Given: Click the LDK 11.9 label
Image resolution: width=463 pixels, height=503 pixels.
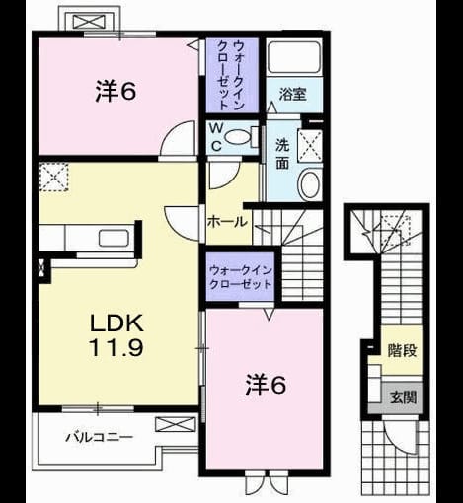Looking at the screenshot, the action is tap(116, 335).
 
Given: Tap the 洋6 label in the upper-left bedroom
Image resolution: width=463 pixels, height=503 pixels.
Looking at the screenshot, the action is tap(116, 91).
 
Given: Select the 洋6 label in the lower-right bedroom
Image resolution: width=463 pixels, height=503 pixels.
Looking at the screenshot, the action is tap(266, 385).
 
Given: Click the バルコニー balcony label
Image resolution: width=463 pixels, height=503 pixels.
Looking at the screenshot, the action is tap(100, 437).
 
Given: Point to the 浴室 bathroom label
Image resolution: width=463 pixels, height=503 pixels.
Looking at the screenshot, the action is tap(292, 94).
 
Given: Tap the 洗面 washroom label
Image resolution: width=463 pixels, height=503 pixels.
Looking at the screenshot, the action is tap(282, 154).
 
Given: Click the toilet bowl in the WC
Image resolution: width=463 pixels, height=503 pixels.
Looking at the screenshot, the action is tap(238, 137).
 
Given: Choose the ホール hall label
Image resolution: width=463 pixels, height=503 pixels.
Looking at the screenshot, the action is tap(227, 222).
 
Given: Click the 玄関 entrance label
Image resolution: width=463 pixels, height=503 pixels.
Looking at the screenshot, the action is tap(403, 397).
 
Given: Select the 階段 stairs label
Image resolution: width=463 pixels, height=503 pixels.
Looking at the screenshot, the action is tap(402, 350).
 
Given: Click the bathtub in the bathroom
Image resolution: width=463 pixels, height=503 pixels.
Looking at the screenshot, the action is tap(294, 57).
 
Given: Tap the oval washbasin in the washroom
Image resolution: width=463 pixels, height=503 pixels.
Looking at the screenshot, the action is tap(310, 184).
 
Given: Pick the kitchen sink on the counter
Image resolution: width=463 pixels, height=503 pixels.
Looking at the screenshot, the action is tap(114, 238).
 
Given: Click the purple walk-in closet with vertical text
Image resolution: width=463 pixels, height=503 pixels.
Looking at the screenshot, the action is tap(232, 75).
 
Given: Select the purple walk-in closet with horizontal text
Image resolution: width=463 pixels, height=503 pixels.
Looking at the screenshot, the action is tap(240, 276).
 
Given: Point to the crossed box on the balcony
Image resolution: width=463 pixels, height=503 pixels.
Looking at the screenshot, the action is tap(175, 424).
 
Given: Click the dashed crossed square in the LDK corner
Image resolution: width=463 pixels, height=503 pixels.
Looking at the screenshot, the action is tap(53, 177).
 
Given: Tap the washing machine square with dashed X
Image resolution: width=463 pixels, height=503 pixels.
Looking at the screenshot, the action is tap(310, 146).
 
